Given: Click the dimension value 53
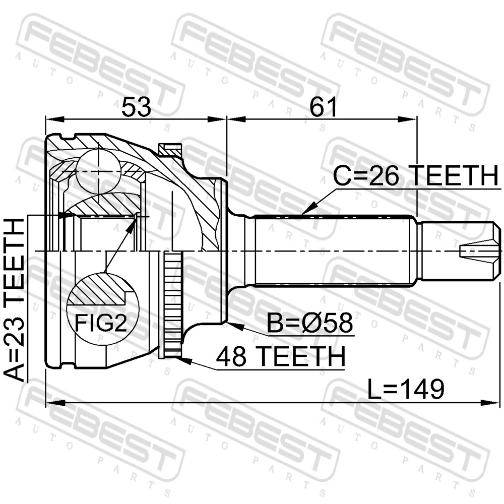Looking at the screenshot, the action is coord(136,107).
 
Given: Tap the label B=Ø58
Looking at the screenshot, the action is coord(310,323).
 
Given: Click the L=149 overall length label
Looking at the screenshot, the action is coord(406,389).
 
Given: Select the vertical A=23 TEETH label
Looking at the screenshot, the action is coord(14,299).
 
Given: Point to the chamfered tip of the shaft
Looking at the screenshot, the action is coord(497,251).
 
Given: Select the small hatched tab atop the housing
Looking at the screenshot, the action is coord(170,150).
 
